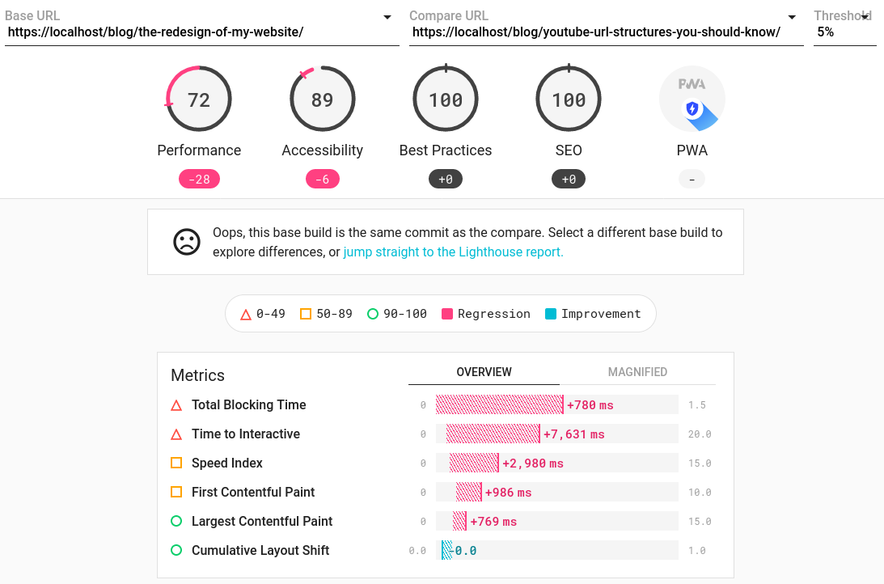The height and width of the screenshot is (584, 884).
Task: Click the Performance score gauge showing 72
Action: coord(199,99)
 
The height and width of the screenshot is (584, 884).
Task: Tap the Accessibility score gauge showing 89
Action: coord(322,99)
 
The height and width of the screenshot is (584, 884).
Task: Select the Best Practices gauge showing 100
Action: coord(446,99)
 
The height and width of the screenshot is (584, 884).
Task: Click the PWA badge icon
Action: coord(692,99)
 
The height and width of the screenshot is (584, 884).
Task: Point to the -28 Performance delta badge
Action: coord(199,179)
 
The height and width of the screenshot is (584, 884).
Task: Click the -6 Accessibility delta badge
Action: coord(322,179)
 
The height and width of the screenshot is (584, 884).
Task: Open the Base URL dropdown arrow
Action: coord(387,17)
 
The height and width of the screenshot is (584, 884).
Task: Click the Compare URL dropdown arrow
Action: coord(792,17)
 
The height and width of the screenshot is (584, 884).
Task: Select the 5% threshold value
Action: coord(826,32)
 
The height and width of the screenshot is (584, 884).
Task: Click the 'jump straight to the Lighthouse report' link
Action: coord(453,252)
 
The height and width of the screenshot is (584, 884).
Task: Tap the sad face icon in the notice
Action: coord(187,242)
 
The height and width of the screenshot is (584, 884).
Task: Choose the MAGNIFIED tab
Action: coord(637,372)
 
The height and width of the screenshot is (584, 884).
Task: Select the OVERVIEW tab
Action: coord(484,372)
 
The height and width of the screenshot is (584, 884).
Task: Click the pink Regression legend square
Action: coord(447,314)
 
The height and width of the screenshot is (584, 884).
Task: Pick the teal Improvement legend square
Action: coord(551,314)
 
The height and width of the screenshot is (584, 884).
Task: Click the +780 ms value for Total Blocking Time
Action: coord(590,405)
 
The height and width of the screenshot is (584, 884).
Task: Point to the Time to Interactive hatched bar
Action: coord(493,434)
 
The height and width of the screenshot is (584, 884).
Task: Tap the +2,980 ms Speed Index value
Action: coord(533,463)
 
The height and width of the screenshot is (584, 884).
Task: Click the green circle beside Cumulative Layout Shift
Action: coord(176,550)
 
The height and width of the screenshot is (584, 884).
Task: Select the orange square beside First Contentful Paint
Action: coord(176,492)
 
